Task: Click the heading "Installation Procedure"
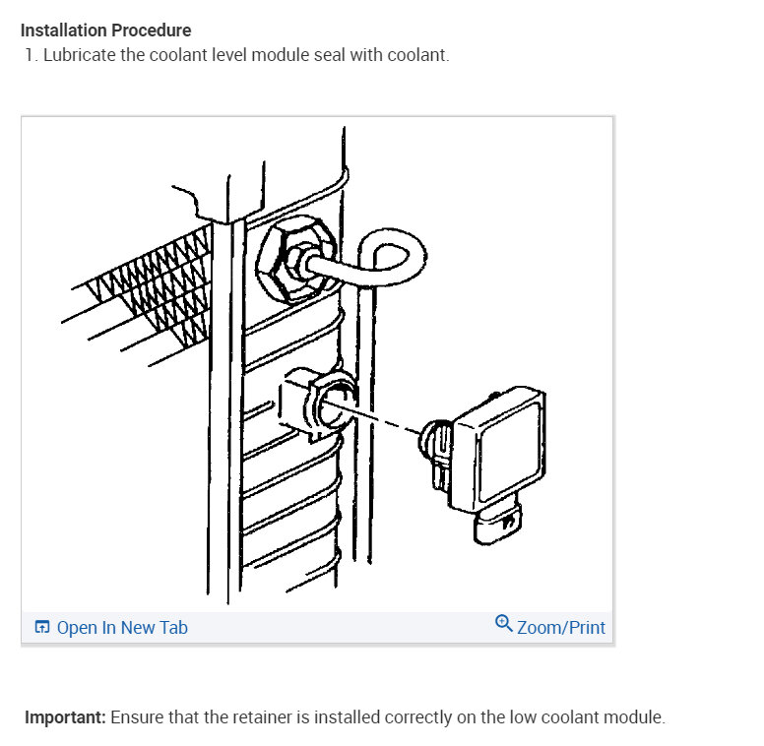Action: coord(105,31)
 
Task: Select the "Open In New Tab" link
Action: coord(122,627)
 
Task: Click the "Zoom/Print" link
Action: coord(560,627)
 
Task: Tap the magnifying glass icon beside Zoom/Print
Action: coord(504,624)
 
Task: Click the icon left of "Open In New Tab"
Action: coord(42,627)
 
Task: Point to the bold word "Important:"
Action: coord(65,716)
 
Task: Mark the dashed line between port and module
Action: coord(389,418)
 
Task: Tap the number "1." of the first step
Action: coord(32,54)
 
